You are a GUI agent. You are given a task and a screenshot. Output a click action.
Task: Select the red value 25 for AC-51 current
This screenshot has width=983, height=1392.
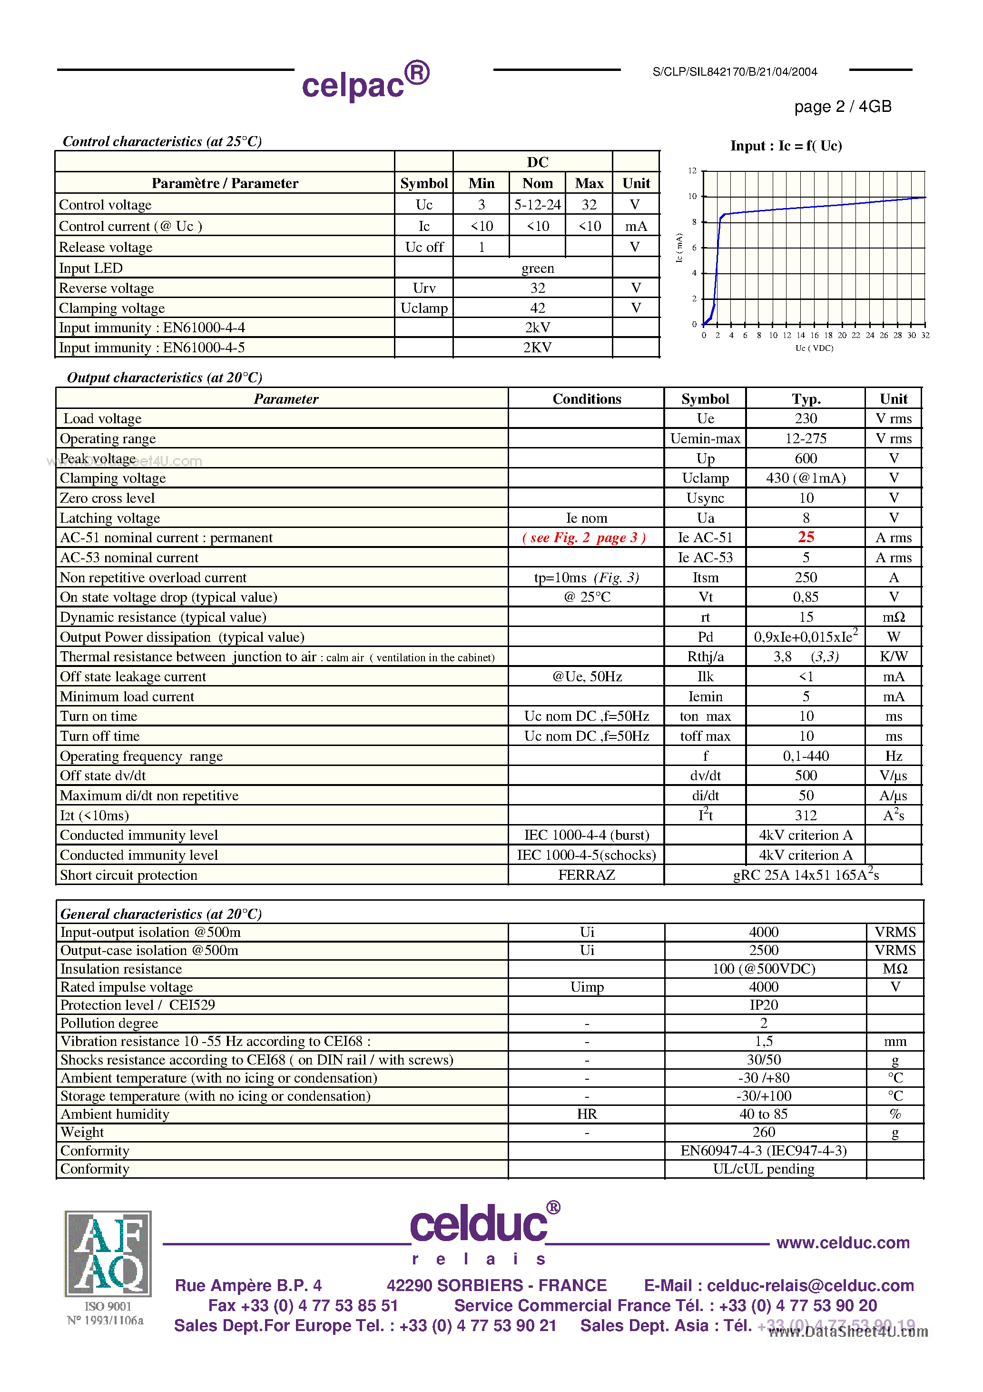point(806,537)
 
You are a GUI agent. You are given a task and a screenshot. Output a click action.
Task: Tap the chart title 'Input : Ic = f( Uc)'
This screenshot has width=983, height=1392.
point(786,146)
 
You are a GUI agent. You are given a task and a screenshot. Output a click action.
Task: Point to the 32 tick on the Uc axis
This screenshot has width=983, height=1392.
point(925,335)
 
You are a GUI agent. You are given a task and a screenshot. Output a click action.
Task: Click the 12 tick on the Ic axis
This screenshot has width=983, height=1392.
point(692,171)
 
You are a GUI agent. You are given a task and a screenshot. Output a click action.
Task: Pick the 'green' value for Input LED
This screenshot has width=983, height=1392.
point(537,268)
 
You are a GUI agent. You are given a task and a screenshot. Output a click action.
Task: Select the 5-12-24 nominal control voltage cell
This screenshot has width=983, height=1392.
point(537,205)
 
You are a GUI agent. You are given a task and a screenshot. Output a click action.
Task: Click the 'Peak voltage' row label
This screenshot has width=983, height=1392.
point(98,458)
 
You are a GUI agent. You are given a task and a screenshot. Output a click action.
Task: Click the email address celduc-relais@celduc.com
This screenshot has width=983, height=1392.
point(810,1285)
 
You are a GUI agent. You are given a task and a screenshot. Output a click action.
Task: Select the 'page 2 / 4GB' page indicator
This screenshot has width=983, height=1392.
point(842,107)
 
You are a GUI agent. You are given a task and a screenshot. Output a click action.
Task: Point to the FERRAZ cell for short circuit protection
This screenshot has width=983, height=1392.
point(586,875)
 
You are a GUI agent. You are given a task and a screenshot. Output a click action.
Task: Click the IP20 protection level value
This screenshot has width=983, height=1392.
point(763,1005)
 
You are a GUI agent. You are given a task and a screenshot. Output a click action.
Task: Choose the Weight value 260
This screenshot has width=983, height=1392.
point(763,1133)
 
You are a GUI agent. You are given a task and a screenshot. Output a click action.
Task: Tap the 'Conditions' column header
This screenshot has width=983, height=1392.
point(586,399)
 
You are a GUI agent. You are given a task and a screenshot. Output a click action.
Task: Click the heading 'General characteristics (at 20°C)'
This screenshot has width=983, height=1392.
point(161,914)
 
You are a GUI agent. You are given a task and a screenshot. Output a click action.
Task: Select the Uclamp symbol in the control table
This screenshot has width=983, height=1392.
point(423,308)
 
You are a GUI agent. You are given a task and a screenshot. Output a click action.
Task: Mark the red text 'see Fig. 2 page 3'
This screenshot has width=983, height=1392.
point(584,538)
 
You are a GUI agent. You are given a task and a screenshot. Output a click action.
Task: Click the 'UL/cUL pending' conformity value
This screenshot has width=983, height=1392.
point(763,1169)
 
